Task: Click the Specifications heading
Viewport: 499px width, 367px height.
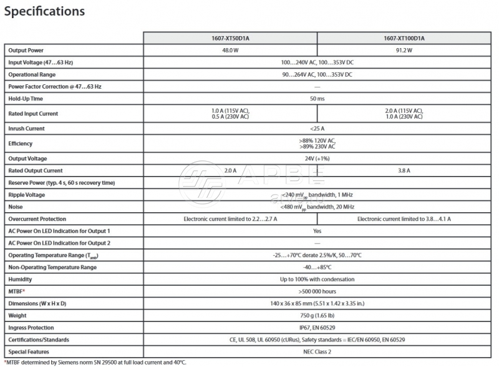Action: pos(44,11)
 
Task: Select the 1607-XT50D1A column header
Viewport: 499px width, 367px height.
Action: pos(230,38)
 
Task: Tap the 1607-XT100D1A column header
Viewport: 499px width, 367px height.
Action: pos(404,38)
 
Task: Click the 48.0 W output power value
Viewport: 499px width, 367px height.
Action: pos(230,50)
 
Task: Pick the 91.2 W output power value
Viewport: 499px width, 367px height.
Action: pos(404,50)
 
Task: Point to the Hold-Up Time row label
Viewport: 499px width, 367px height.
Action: pos(26,99)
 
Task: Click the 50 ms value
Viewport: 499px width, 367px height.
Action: pos(317,99)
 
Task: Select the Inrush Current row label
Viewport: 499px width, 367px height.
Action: pos(26,129)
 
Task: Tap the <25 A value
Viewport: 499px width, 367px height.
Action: pos(317,129)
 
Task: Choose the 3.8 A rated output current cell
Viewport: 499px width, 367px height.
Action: pos(404,170)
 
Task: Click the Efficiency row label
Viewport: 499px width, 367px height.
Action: pos(20,144)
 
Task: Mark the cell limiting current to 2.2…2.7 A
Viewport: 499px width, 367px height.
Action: pos(230,219)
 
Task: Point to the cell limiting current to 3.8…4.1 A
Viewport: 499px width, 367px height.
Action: pos(404,219)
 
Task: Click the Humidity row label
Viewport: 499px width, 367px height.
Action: pos(20,279)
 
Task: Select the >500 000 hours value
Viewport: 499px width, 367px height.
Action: pos(317,291)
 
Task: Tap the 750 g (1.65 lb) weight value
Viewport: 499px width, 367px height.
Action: pos(317,316)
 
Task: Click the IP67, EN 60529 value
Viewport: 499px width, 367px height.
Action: pos(317,328)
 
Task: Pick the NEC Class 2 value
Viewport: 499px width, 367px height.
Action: pos(317,352)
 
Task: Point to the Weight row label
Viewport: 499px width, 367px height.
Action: pos(18,316)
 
